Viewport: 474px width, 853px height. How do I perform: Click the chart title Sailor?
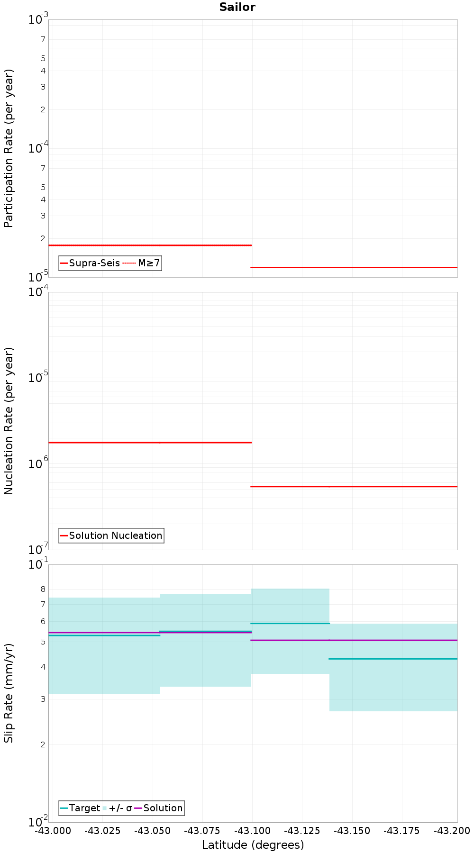click(x=237, y=7)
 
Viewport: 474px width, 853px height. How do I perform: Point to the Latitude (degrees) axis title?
click(x=253, y=845)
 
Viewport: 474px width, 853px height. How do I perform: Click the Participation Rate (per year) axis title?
click(x=9, y=148)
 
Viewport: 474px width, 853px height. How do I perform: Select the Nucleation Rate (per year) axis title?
click(x=9, y=421)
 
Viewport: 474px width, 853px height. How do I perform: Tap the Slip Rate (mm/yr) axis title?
click(x=9, y=693)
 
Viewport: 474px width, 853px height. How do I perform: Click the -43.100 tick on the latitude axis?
click(x=253, y=831)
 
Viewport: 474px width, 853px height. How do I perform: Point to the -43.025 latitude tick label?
click(x=103, y=831)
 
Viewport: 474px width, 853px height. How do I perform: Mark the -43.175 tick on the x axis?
click(x=402, y=831)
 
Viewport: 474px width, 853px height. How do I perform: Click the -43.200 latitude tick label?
click(x=452, y=831)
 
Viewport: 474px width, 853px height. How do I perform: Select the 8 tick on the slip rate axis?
click(x=43, y=589)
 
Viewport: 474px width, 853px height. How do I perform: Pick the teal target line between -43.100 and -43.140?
click(x=290, y=623)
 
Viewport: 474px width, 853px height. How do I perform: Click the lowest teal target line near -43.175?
click(x=402, y=659)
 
